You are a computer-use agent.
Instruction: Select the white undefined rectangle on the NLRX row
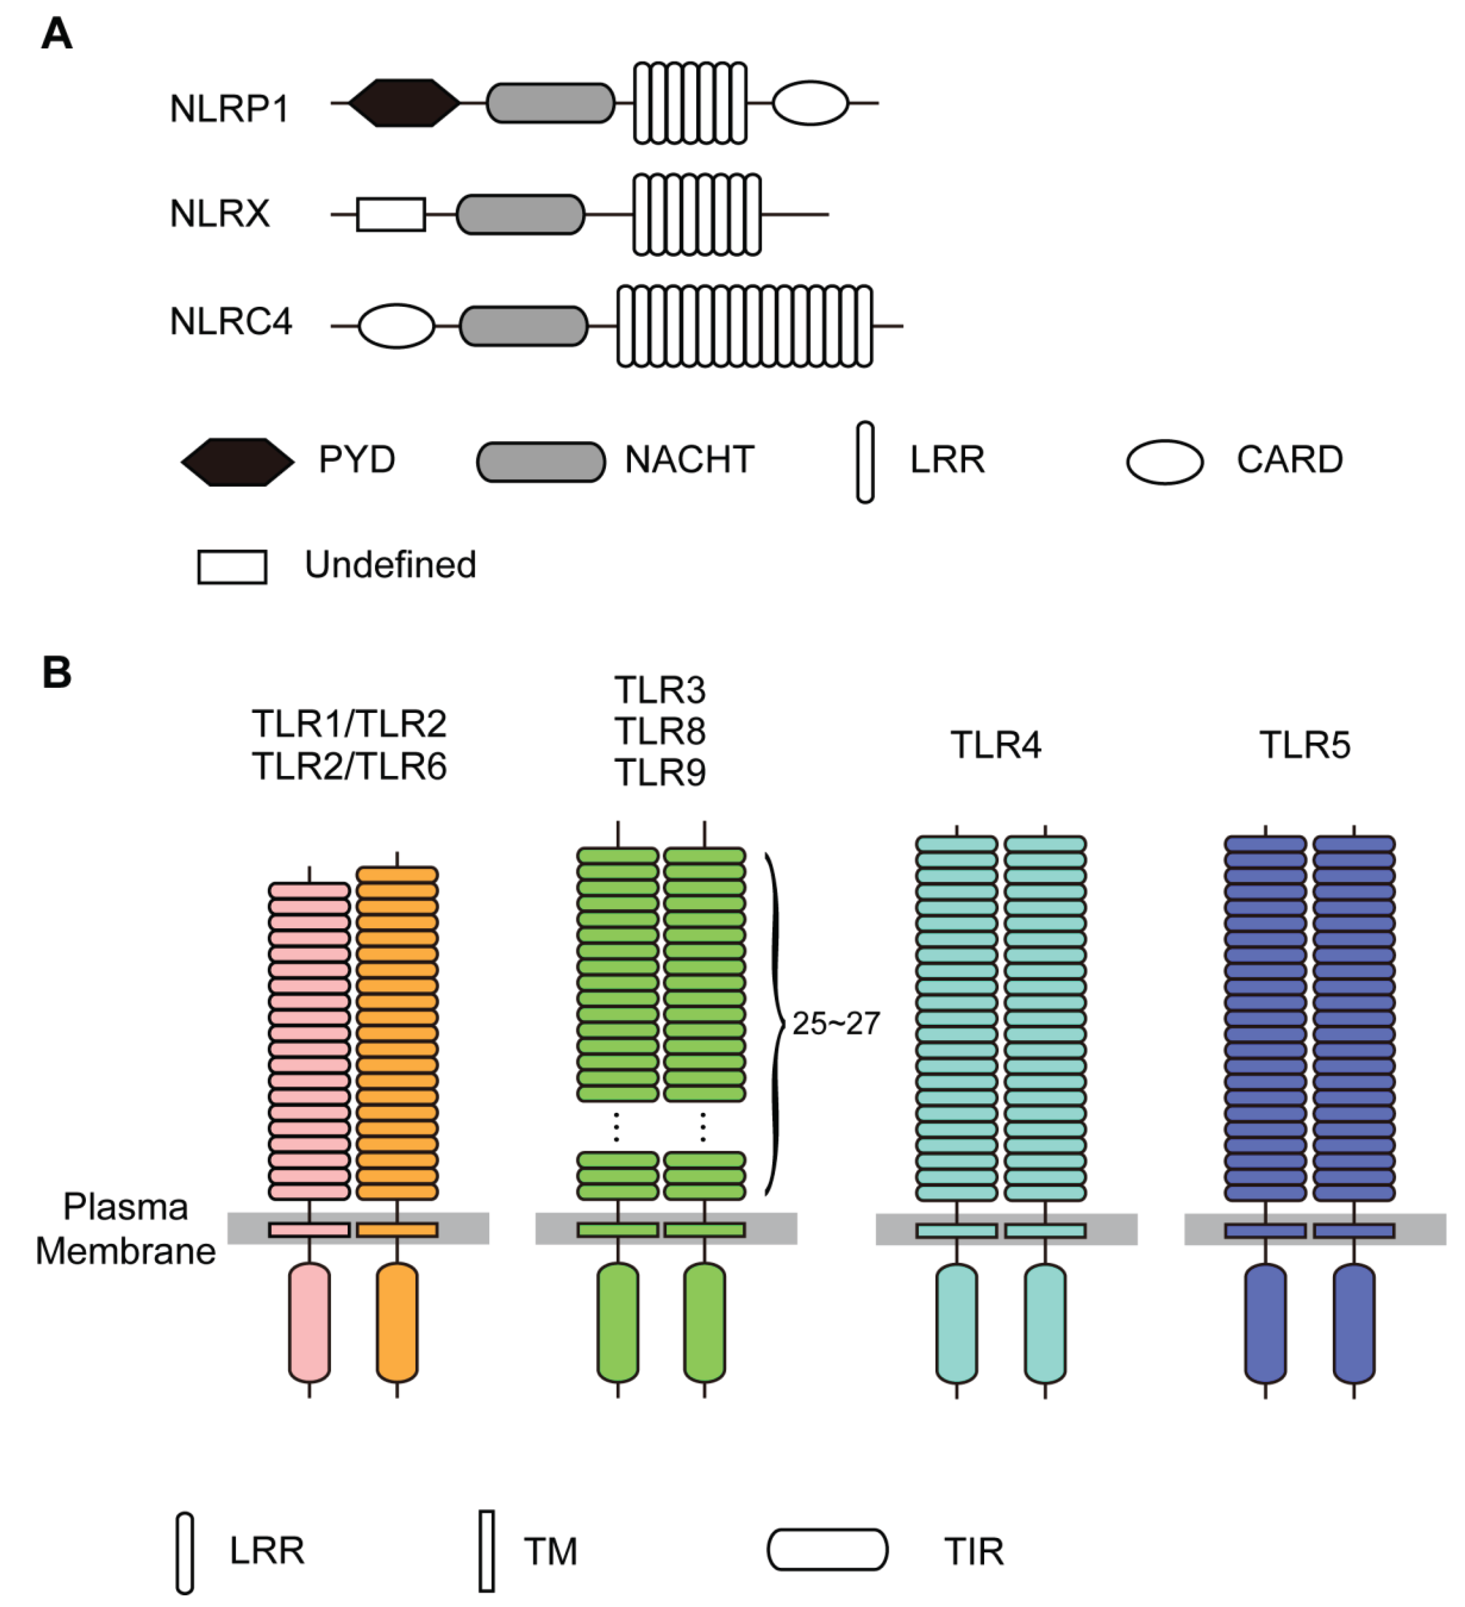tap(391, 214)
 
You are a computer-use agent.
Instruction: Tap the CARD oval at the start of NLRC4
tap(396, 326)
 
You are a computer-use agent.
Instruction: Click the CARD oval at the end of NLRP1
tap(810, 103)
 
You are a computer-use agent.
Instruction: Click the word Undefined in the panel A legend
tap(391, 564)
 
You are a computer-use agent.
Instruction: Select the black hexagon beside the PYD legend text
tap(238, 462)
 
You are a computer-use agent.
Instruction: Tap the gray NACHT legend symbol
tap(540, 462)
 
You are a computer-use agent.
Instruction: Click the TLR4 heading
tap(995, 745)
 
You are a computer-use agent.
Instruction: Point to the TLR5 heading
tap(1305, 745)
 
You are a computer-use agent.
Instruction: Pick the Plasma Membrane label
tap(126, 1229)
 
